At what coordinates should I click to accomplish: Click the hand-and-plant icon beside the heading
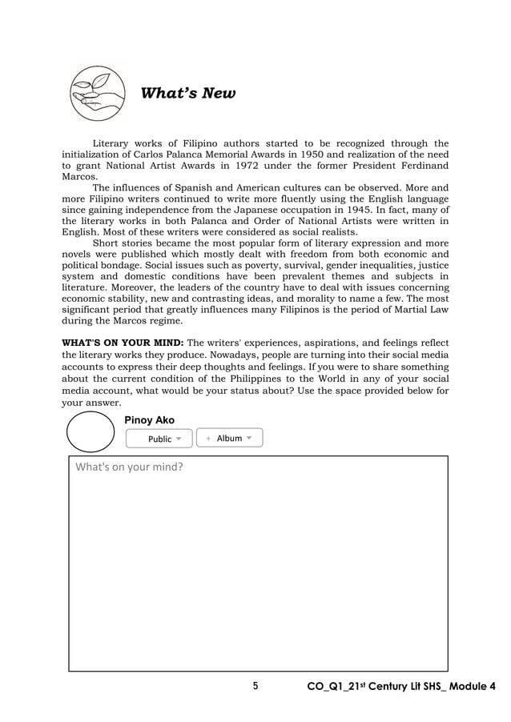point(98,93)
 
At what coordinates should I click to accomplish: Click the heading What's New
point(188,94)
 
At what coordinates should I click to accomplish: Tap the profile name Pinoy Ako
point(150,420)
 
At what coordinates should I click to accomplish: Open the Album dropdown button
point(229,438)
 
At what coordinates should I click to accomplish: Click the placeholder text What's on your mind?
point(129,467)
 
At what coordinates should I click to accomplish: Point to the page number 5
point(255,687)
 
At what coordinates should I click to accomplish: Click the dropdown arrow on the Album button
point(250,438)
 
